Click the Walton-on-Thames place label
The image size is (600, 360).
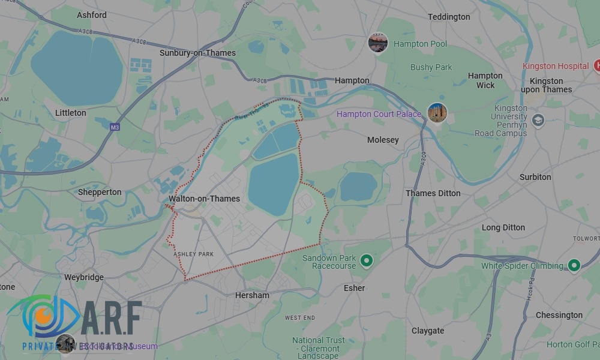[204, 199]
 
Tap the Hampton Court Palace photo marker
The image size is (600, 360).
[437, 113]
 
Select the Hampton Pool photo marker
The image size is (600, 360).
[378, 43]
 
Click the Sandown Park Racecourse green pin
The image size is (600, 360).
[367, 261]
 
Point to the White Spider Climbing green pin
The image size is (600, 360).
[574, 265]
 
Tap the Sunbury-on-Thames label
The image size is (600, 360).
[197, 53]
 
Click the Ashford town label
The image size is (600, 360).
[92, 15]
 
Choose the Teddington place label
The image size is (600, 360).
[449, 17]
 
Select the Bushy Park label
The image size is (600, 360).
[431, 67]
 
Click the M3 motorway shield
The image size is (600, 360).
[115, 127]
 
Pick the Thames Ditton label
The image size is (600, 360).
[433, 193]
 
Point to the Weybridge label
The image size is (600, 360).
[84, 277]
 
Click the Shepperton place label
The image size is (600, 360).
[100, 193]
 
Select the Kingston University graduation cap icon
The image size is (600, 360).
[538, 119]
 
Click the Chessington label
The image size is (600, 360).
[559, 315]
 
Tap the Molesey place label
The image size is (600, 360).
[383, 140]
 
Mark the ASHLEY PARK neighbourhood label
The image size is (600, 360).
[193, 254]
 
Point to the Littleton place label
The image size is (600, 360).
[70, 113]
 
